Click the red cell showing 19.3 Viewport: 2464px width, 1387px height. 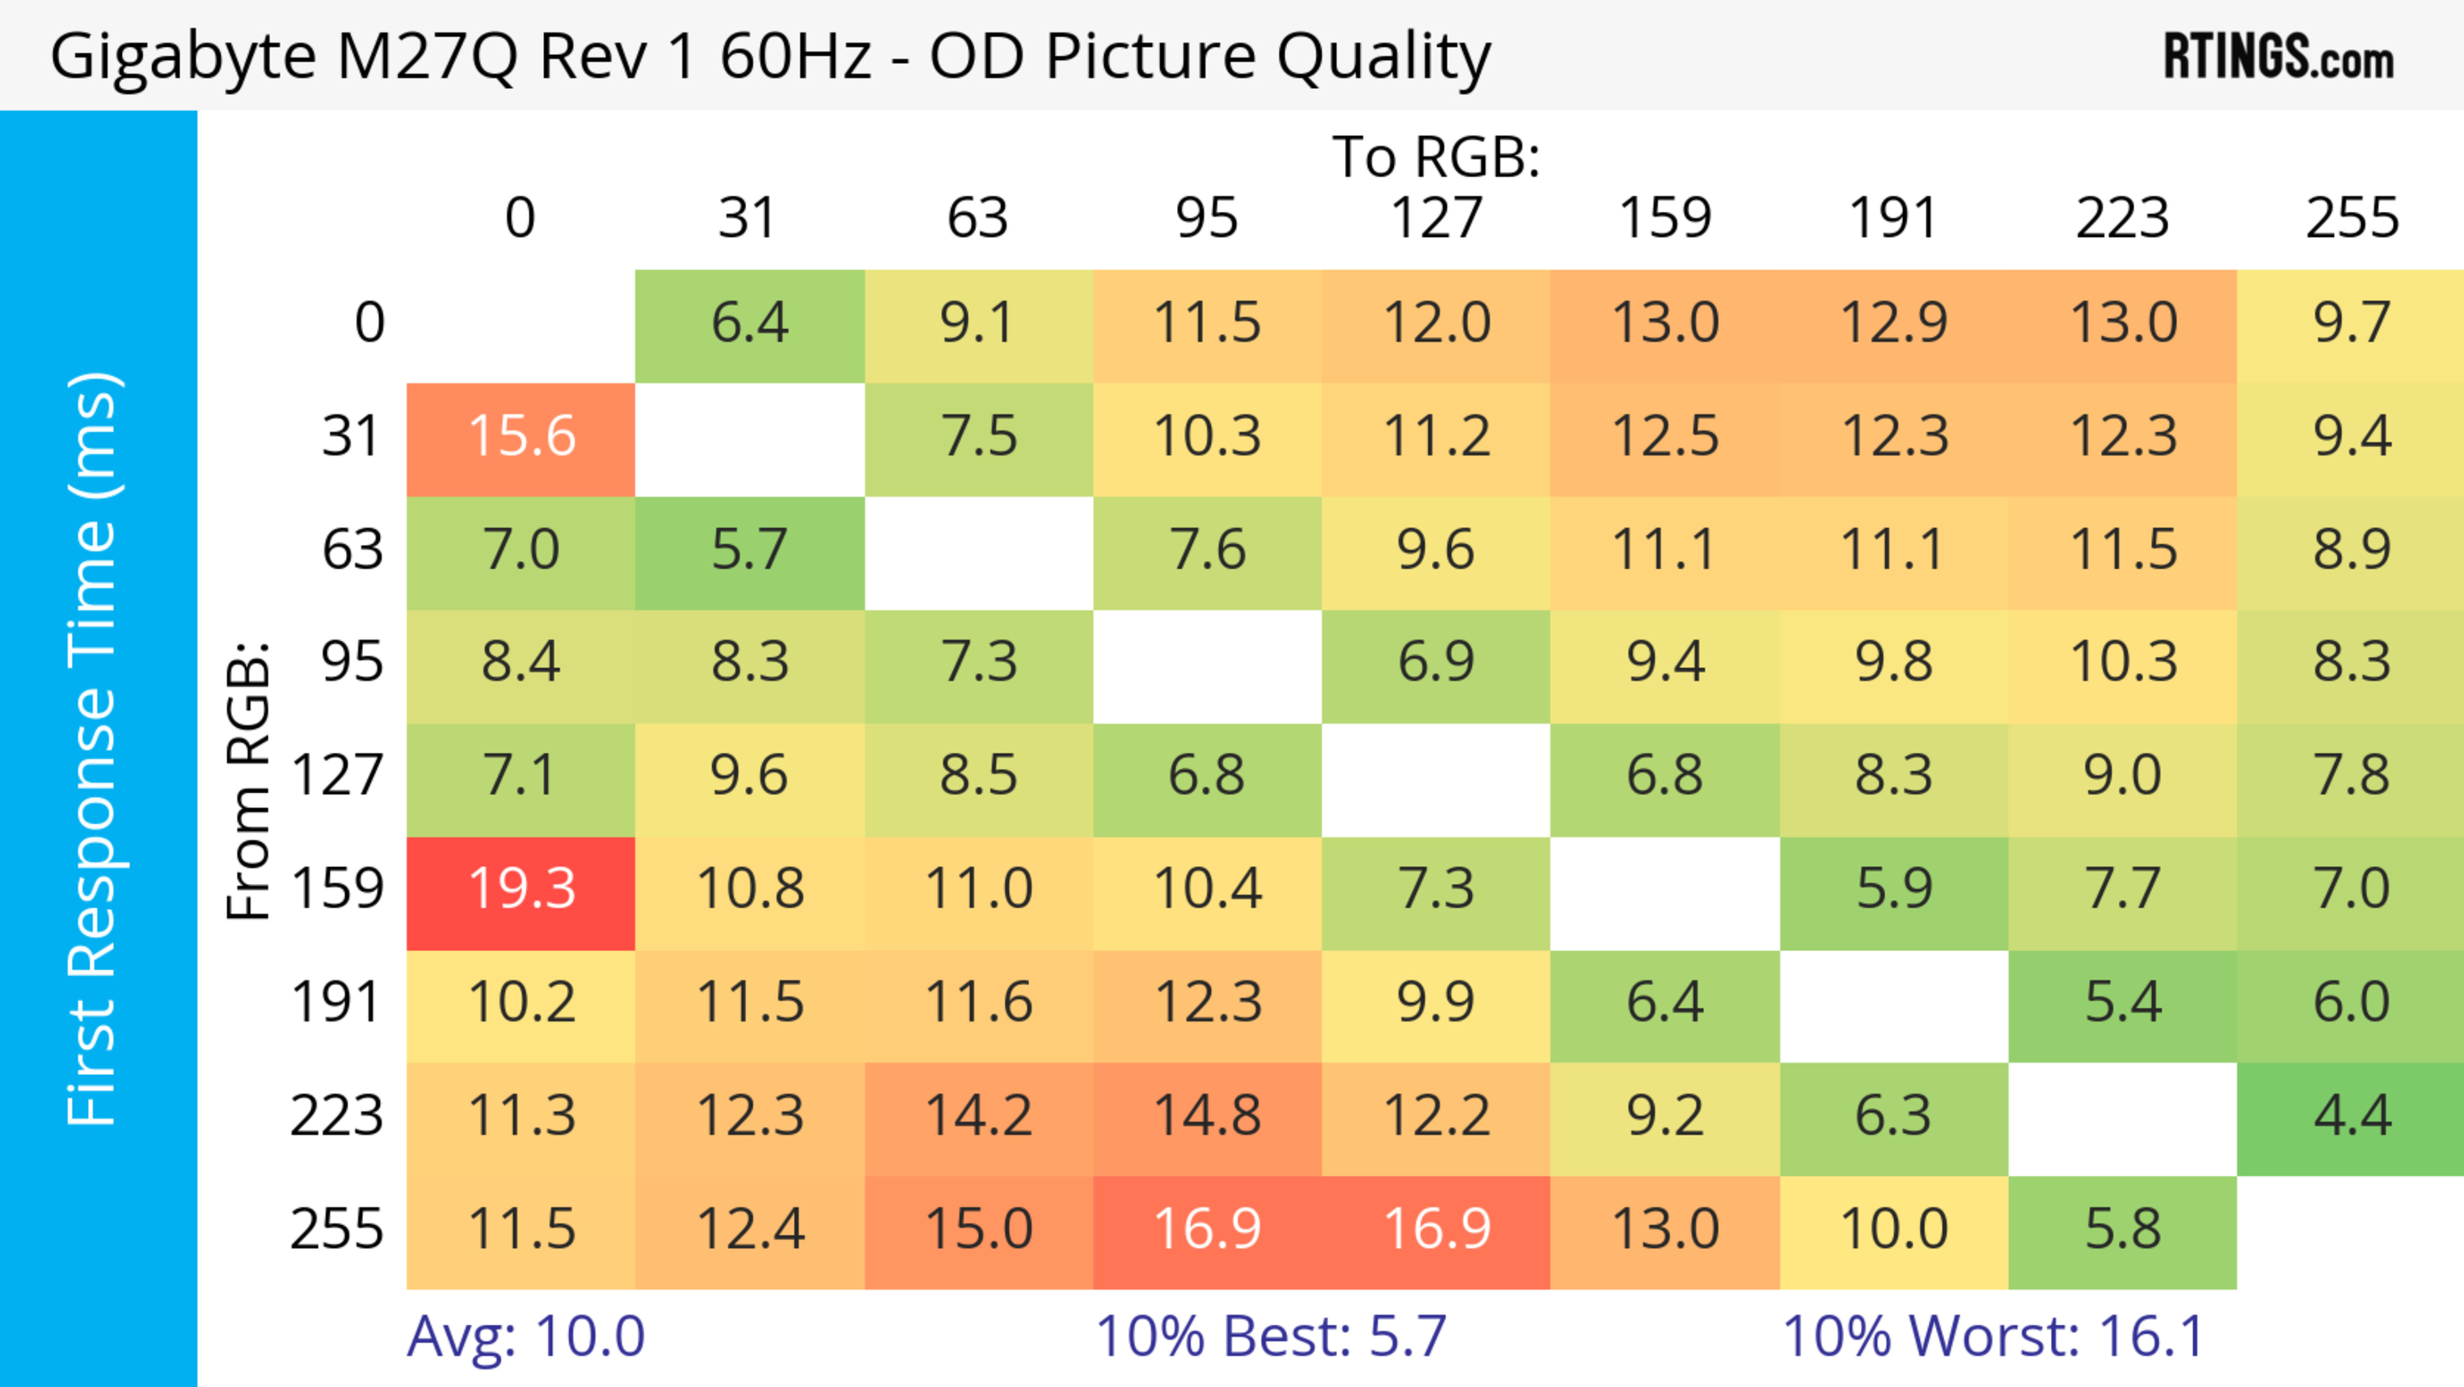521,890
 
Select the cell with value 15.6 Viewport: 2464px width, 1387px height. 521,437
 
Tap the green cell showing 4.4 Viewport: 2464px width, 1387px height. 2351,1116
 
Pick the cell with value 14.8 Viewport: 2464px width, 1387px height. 1207,1116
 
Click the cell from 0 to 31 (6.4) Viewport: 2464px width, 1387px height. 750,323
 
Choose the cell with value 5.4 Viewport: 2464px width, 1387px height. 2123,1003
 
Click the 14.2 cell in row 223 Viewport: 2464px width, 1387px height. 979,1116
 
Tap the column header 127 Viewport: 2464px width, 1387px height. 1436,218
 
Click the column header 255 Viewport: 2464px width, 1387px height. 2351,218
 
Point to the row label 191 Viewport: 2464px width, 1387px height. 337,1003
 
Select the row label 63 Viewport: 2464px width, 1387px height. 352,550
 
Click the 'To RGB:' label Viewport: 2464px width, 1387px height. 1436,157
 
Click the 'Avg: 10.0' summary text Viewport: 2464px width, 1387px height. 526,1336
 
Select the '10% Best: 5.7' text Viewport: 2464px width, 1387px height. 1270,1336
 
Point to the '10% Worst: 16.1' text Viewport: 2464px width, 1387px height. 1994,1336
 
